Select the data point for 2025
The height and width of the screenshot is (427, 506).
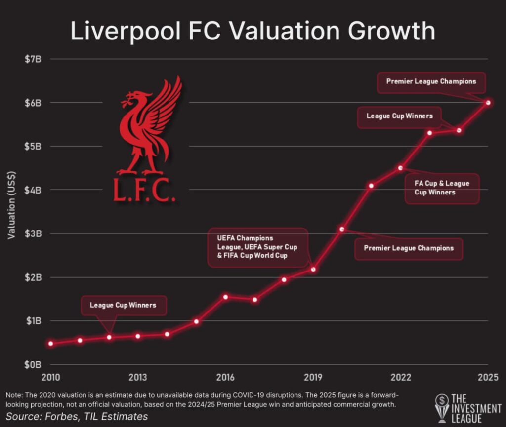coord(488,103)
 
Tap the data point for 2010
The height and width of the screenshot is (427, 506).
coord(51,343)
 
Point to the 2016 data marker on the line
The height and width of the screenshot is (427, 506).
coord(225,297)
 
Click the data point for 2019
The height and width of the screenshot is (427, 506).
coord(313,269)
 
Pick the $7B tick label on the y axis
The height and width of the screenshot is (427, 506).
coord(36,59)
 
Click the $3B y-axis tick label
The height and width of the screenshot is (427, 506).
coord(36,233)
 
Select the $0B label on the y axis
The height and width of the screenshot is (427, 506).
coord(36,364)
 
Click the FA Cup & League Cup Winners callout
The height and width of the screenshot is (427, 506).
coord(442,188)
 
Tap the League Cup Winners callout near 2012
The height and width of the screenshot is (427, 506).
coord(123,305)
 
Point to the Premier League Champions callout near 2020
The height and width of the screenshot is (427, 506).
coord(409,248)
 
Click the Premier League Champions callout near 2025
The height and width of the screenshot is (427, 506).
coord(431,82)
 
